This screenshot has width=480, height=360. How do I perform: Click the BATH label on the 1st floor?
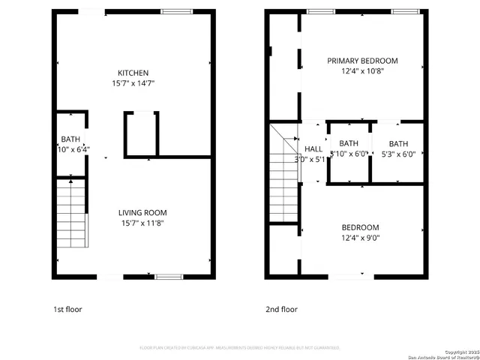click(x=70, y=139)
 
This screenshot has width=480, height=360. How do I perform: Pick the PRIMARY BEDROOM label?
click(x=361, y=61)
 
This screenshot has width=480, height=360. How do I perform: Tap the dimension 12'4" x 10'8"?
click(x=361, y=71)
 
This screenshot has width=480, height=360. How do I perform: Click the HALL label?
click(x=313, y=149)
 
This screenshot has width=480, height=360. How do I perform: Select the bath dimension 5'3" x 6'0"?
click(x=398, y=154)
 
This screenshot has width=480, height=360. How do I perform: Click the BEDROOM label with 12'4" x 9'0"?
click(x=360, y=227)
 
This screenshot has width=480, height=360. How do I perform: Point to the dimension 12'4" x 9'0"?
click(x=360, y=238)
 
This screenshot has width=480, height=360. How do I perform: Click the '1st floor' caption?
click(x=67, y=309)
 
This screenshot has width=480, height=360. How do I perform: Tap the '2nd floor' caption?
click(x=281, y=309)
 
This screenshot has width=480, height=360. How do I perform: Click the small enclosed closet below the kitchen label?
click(x=140, y=135)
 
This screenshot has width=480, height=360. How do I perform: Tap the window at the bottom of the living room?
click(x=169, y=277)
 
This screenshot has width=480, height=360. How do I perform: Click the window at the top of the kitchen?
click(x=176, y=11)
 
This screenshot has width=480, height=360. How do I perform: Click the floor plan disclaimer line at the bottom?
click(x=240, y=348)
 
